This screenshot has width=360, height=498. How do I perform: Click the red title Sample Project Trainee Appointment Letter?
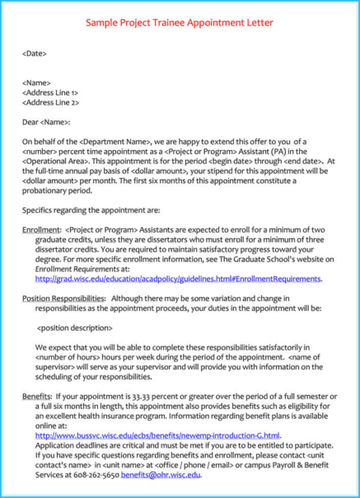(180, 22)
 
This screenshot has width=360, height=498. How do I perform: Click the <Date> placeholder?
(35, 54)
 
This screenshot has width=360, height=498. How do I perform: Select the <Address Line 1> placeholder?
(50, 93)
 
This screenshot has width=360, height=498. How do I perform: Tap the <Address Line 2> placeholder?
(50, 103)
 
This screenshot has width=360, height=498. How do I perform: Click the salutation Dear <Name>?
(46, 122)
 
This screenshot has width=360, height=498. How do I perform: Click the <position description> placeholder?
(77, 327)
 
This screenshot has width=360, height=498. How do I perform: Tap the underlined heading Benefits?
(36, 397)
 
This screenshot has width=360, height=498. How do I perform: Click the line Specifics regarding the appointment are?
(91, 210)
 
